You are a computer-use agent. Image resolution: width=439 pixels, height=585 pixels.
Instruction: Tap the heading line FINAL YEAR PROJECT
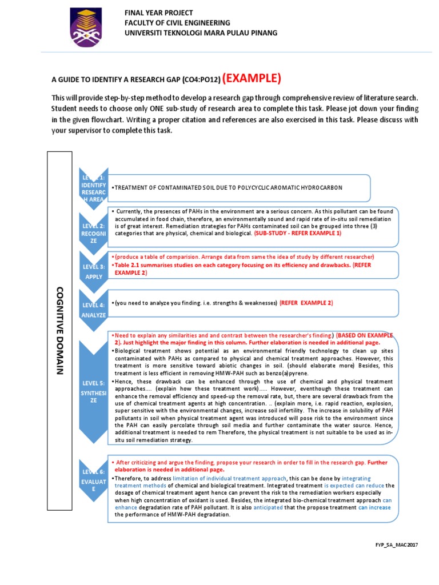159,13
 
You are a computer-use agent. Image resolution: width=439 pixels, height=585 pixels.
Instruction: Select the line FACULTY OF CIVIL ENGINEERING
178,23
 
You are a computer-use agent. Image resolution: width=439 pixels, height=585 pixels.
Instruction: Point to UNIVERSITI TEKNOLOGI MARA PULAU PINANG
201,33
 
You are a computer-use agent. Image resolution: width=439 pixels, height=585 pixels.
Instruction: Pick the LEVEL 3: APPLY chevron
93,270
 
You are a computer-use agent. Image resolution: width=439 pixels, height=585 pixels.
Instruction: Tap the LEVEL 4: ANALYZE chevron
93,309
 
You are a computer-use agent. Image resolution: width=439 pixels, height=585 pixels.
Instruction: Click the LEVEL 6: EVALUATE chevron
93,485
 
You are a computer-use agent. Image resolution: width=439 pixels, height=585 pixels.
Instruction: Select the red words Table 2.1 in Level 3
129,266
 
